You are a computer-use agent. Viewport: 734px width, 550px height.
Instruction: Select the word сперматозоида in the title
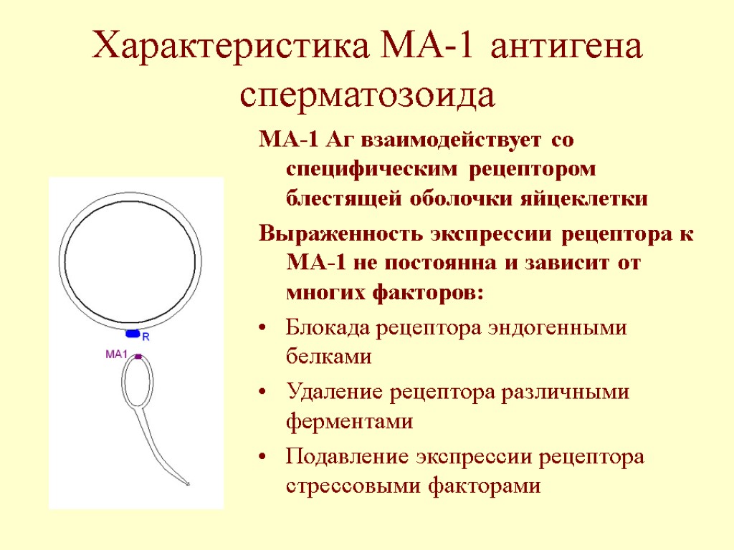[367, 96]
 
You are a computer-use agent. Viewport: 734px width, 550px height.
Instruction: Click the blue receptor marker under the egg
[133, 334]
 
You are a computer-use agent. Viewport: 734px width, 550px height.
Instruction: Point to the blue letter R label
[146, 335]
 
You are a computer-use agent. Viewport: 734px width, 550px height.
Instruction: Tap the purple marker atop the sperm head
[138, 356]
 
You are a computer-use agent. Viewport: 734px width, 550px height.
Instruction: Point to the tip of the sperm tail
[189, 485]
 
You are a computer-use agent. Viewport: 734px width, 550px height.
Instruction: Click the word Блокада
[325, 328]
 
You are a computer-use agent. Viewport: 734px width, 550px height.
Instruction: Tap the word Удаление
[328, 392]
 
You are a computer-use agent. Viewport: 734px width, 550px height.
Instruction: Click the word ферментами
[349, 421]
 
